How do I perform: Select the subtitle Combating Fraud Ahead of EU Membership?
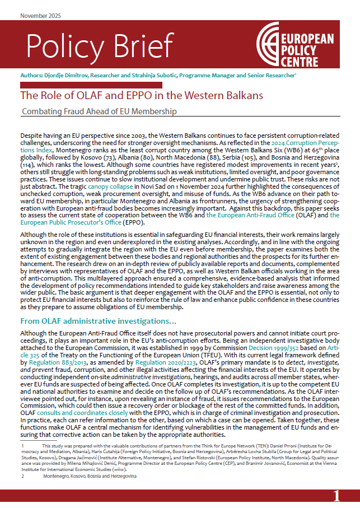[99, 111]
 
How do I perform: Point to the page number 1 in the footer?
[336, 496]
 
